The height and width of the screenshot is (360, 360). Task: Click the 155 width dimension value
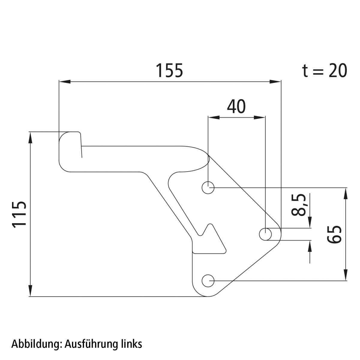(169, 71)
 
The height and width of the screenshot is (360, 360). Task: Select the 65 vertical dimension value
(334, 235)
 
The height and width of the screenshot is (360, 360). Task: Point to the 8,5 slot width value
(298, 205)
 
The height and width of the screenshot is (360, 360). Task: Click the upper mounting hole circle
(208, 188)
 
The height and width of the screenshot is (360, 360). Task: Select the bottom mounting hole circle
(208, 281)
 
